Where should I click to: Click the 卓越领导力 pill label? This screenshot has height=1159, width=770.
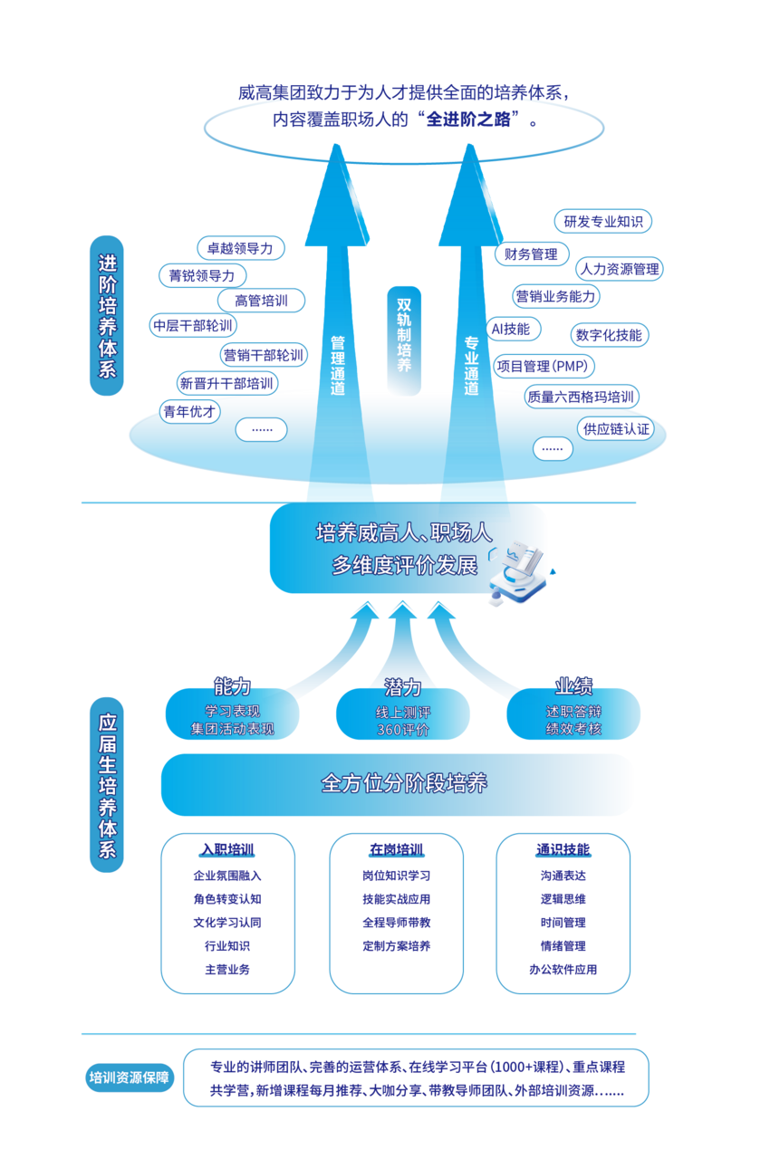click(240, 248)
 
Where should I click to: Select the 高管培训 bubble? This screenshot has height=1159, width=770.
click(261, 301)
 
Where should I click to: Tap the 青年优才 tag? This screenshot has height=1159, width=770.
click(190, 411)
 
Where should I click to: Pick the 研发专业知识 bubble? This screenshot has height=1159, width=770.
click(602, 221)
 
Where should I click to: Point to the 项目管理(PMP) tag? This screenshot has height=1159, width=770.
click(544, 367)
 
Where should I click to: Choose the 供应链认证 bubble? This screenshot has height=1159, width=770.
click(616, 428)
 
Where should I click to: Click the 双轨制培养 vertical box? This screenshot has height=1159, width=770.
click(404, 335)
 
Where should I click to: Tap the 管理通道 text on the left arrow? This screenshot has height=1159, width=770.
click(338, 365)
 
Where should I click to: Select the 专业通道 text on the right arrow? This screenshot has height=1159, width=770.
click(471, 365)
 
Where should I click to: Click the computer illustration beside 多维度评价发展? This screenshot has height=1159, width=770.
click(518, 572)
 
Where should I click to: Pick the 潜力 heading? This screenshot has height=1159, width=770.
click(403, 686)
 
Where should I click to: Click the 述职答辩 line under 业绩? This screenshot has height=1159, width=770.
click(573, 712)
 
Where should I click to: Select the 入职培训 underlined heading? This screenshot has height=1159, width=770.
click(227, 850)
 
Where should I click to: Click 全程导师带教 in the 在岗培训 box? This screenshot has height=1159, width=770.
click(396, 923)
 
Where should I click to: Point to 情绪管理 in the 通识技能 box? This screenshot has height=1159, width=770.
click(563, 946)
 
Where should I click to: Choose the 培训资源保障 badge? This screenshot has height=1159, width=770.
click(129, 1078)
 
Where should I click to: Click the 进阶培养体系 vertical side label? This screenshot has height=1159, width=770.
click(107, 315)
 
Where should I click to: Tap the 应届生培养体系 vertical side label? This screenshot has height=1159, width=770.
click(107, 784)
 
